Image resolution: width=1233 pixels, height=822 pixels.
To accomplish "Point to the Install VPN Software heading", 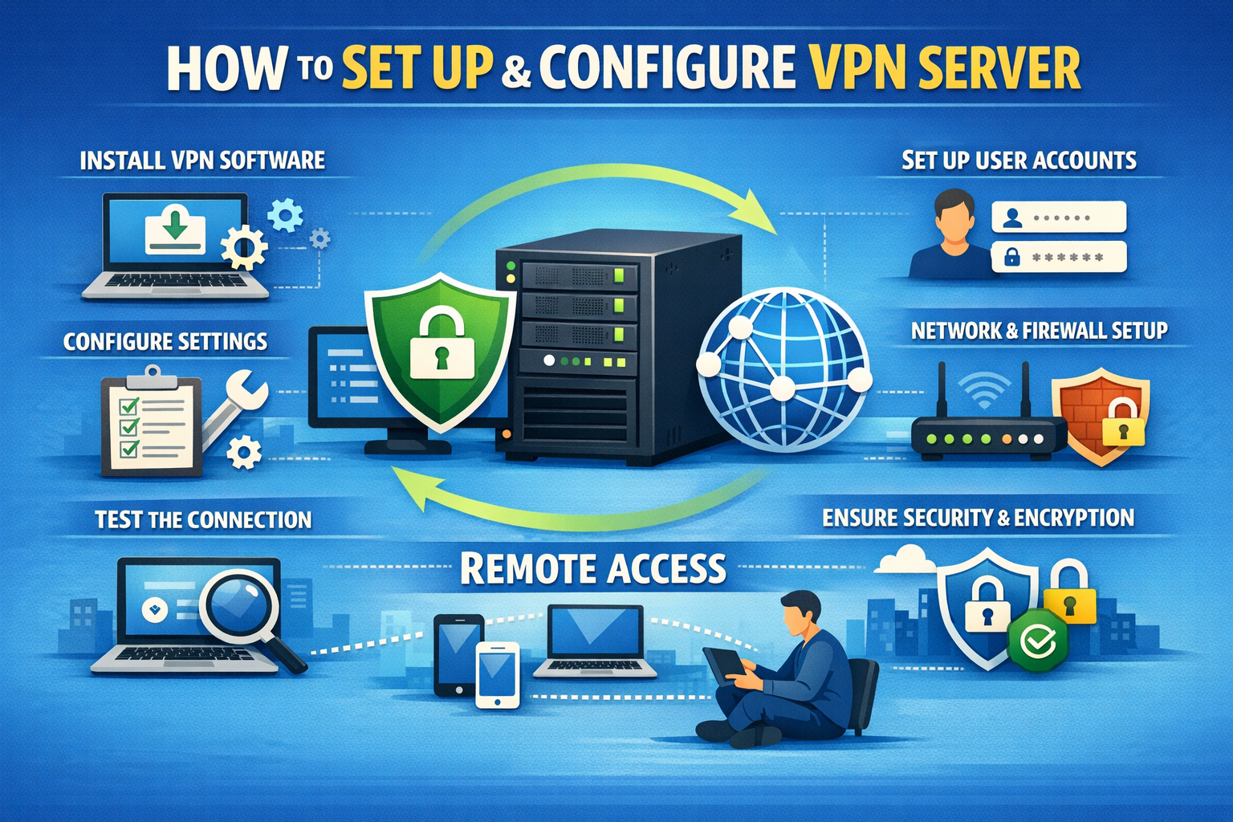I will [x=202, y=160].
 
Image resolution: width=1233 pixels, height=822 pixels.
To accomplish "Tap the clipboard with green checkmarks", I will [x=150, y=421].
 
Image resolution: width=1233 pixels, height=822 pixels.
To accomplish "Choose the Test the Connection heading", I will [x=203, y=519].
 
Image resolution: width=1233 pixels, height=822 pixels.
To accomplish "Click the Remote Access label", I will [x=593, y=568].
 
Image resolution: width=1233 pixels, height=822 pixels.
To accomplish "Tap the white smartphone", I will [x=498, y=674].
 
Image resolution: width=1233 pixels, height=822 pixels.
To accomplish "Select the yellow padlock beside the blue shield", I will [x=1069, y=594].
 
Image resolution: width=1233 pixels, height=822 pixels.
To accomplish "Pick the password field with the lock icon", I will [x=1059, y=257].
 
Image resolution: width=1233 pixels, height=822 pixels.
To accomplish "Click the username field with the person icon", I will [x=1059, y=217].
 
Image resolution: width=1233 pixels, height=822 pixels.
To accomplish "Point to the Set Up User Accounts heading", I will [x=1019, y=160].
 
